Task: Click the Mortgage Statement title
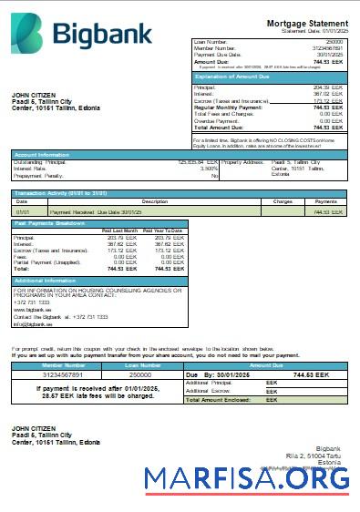click(306, 23)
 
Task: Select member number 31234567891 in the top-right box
click(325, 47)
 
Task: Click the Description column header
click(155, 201)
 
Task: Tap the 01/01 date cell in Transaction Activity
click(23, 211)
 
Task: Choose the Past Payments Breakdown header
click(51, 223)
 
